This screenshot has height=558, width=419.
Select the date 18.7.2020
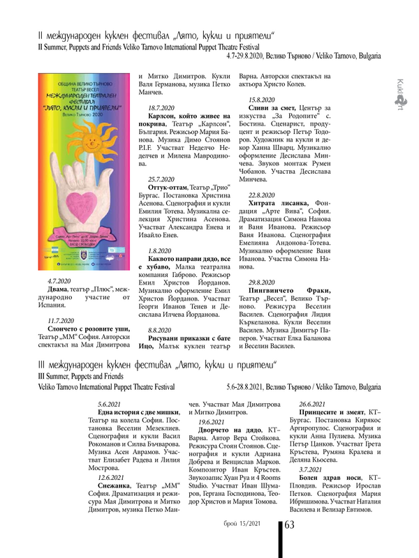[162, 107]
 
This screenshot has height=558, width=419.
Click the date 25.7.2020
[162, 179]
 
